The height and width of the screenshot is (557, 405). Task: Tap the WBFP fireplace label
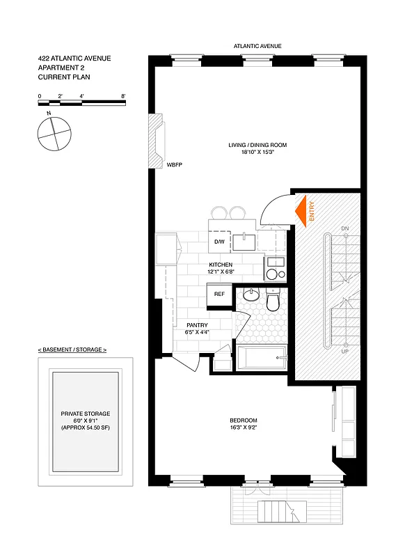click(174, 165)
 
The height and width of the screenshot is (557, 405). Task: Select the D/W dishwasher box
click(219, 242)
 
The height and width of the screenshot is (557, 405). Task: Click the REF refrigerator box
click(219, 295)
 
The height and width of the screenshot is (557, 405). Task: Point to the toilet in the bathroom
click(273, 300)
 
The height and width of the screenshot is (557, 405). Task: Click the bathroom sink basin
click(251, 295)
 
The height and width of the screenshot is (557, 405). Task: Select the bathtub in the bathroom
click(261, 359)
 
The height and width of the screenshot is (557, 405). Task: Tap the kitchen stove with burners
click(274, 267)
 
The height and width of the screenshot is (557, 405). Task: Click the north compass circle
click(55, 132)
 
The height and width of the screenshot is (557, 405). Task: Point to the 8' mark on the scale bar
click(123, 95)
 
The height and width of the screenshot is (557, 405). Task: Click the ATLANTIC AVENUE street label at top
click(257, 47)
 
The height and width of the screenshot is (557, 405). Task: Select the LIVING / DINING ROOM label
click(257, 145)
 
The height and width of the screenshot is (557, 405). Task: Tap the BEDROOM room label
click(244, 421)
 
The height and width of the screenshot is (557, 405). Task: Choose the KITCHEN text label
click(221, 265)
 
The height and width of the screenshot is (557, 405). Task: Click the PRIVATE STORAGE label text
click(86, 414)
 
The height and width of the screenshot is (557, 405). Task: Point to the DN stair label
click(344, 228)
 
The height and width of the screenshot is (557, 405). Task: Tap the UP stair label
click(344, 352)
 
